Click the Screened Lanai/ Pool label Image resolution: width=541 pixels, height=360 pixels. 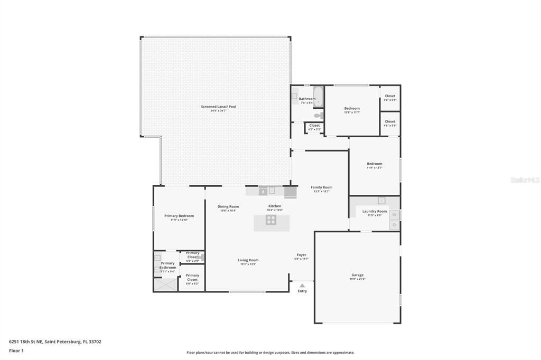point(218,107)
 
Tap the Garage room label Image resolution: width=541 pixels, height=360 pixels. point(357,275)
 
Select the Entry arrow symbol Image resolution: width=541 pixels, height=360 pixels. point(302,286)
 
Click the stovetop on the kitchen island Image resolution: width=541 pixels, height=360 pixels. point(270,220)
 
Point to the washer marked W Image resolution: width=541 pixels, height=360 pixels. point(394,215)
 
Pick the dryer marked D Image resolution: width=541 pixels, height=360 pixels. point(394,225)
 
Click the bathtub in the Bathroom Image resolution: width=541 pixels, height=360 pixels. point(318,97)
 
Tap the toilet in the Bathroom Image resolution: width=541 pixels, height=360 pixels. point(318,115)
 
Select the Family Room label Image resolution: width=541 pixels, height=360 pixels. point(321,187)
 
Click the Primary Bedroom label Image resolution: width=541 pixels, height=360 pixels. point(179,216)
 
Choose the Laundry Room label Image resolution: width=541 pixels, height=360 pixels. point(374,211)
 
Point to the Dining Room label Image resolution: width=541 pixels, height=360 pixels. point(228,206)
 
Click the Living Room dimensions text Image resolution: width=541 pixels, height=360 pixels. point(248,264)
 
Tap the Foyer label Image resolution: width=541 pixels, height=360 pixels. point(301,255)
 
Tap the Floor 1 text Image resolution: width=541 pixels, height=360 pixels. point(16,350)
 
